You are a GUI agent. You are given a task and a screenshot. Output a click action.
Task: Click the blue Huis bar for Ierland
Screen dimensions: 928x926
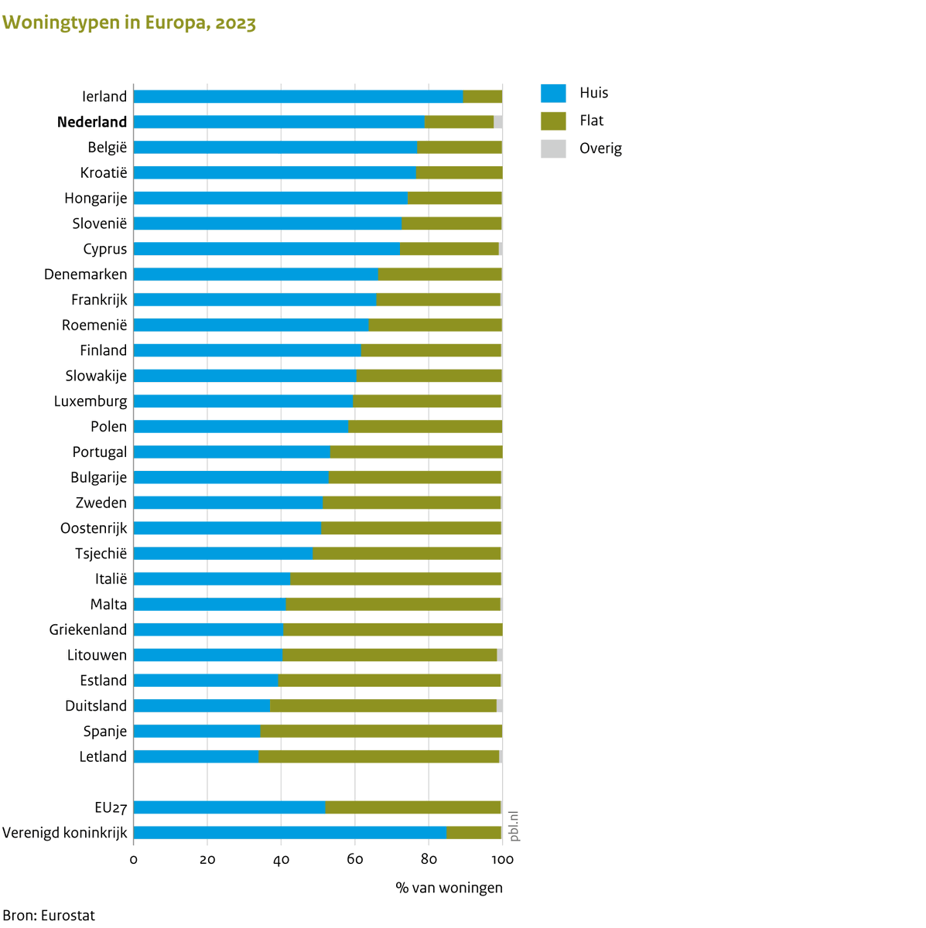click(x=298, y=97)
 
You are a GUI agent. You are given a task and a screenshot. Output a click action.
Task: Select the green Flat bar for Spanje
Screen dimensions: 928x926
click(x=381, y=732)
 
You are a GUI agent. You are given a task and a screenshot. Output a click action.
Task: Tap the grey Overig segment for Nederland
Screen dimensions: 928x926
click(x=498, y=122)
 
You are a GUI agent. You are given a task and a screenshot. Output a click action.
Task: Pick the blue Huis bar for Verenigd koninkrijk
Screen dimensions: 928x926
click(x=290, y=833)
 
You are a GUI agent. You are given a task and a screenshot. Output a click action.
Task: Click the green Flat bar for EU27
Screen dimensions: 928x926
click(x=413, y=807)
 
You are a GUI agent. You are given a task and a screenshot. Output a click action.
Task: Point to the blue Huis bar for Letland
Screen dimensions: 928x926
click(x=196, y=757)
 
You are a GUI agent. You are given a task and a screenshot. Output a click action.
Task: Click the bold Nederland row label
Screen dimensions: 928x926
click(x=92, y=122)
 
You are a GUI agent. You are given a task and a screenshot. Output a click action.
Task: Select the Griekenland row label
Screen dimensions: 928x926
click(x=88, y=629)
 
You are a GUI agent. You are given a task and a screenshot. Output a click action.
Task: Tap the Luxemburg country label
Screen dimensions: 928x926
click(x=91, y=401)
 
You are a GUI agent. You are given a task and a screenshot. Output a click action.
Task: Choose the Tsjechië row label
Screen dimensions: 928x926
click(x=101, y=554)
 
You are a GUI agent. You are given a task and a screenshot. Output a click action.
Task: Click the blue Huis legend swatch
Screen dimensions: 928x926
click(x=553, y=93)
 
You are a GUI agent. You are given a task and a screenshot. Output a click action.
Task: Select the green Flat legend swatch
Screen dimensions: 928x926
click(x=553, y=121)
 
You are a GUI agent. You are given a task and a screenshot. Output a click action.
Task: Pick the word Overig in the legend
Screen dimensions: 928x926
click(x=600, y=148)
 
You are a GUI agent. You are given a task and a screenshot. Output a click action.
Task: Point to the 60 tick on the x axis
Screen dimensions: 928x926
click(x=355, y=860)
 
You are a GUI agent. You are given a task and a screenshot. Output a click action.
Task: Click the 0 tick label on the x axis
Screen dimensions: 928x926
click(x=134, y=860)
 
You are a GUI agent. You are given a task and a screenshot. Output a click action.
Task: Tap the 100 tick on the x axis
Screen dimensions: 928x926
click(x=502, y=860)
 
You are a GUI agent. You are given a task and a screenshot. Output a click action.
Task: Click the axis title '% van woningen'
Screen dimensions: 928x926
click(x=449, y=888)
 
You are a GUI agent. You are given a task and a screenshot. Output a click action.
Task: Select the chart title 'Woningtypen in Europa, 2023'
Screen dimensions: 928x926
click(x=129, y=23)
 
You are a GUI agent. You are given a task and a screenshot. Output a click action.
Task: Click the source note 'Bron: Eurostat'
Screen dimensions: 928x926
click(x=49, y=916)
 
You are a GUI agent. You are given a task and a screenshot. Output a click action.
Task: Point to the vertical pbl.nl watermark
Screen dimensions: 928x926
click(x=514, y=826)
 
